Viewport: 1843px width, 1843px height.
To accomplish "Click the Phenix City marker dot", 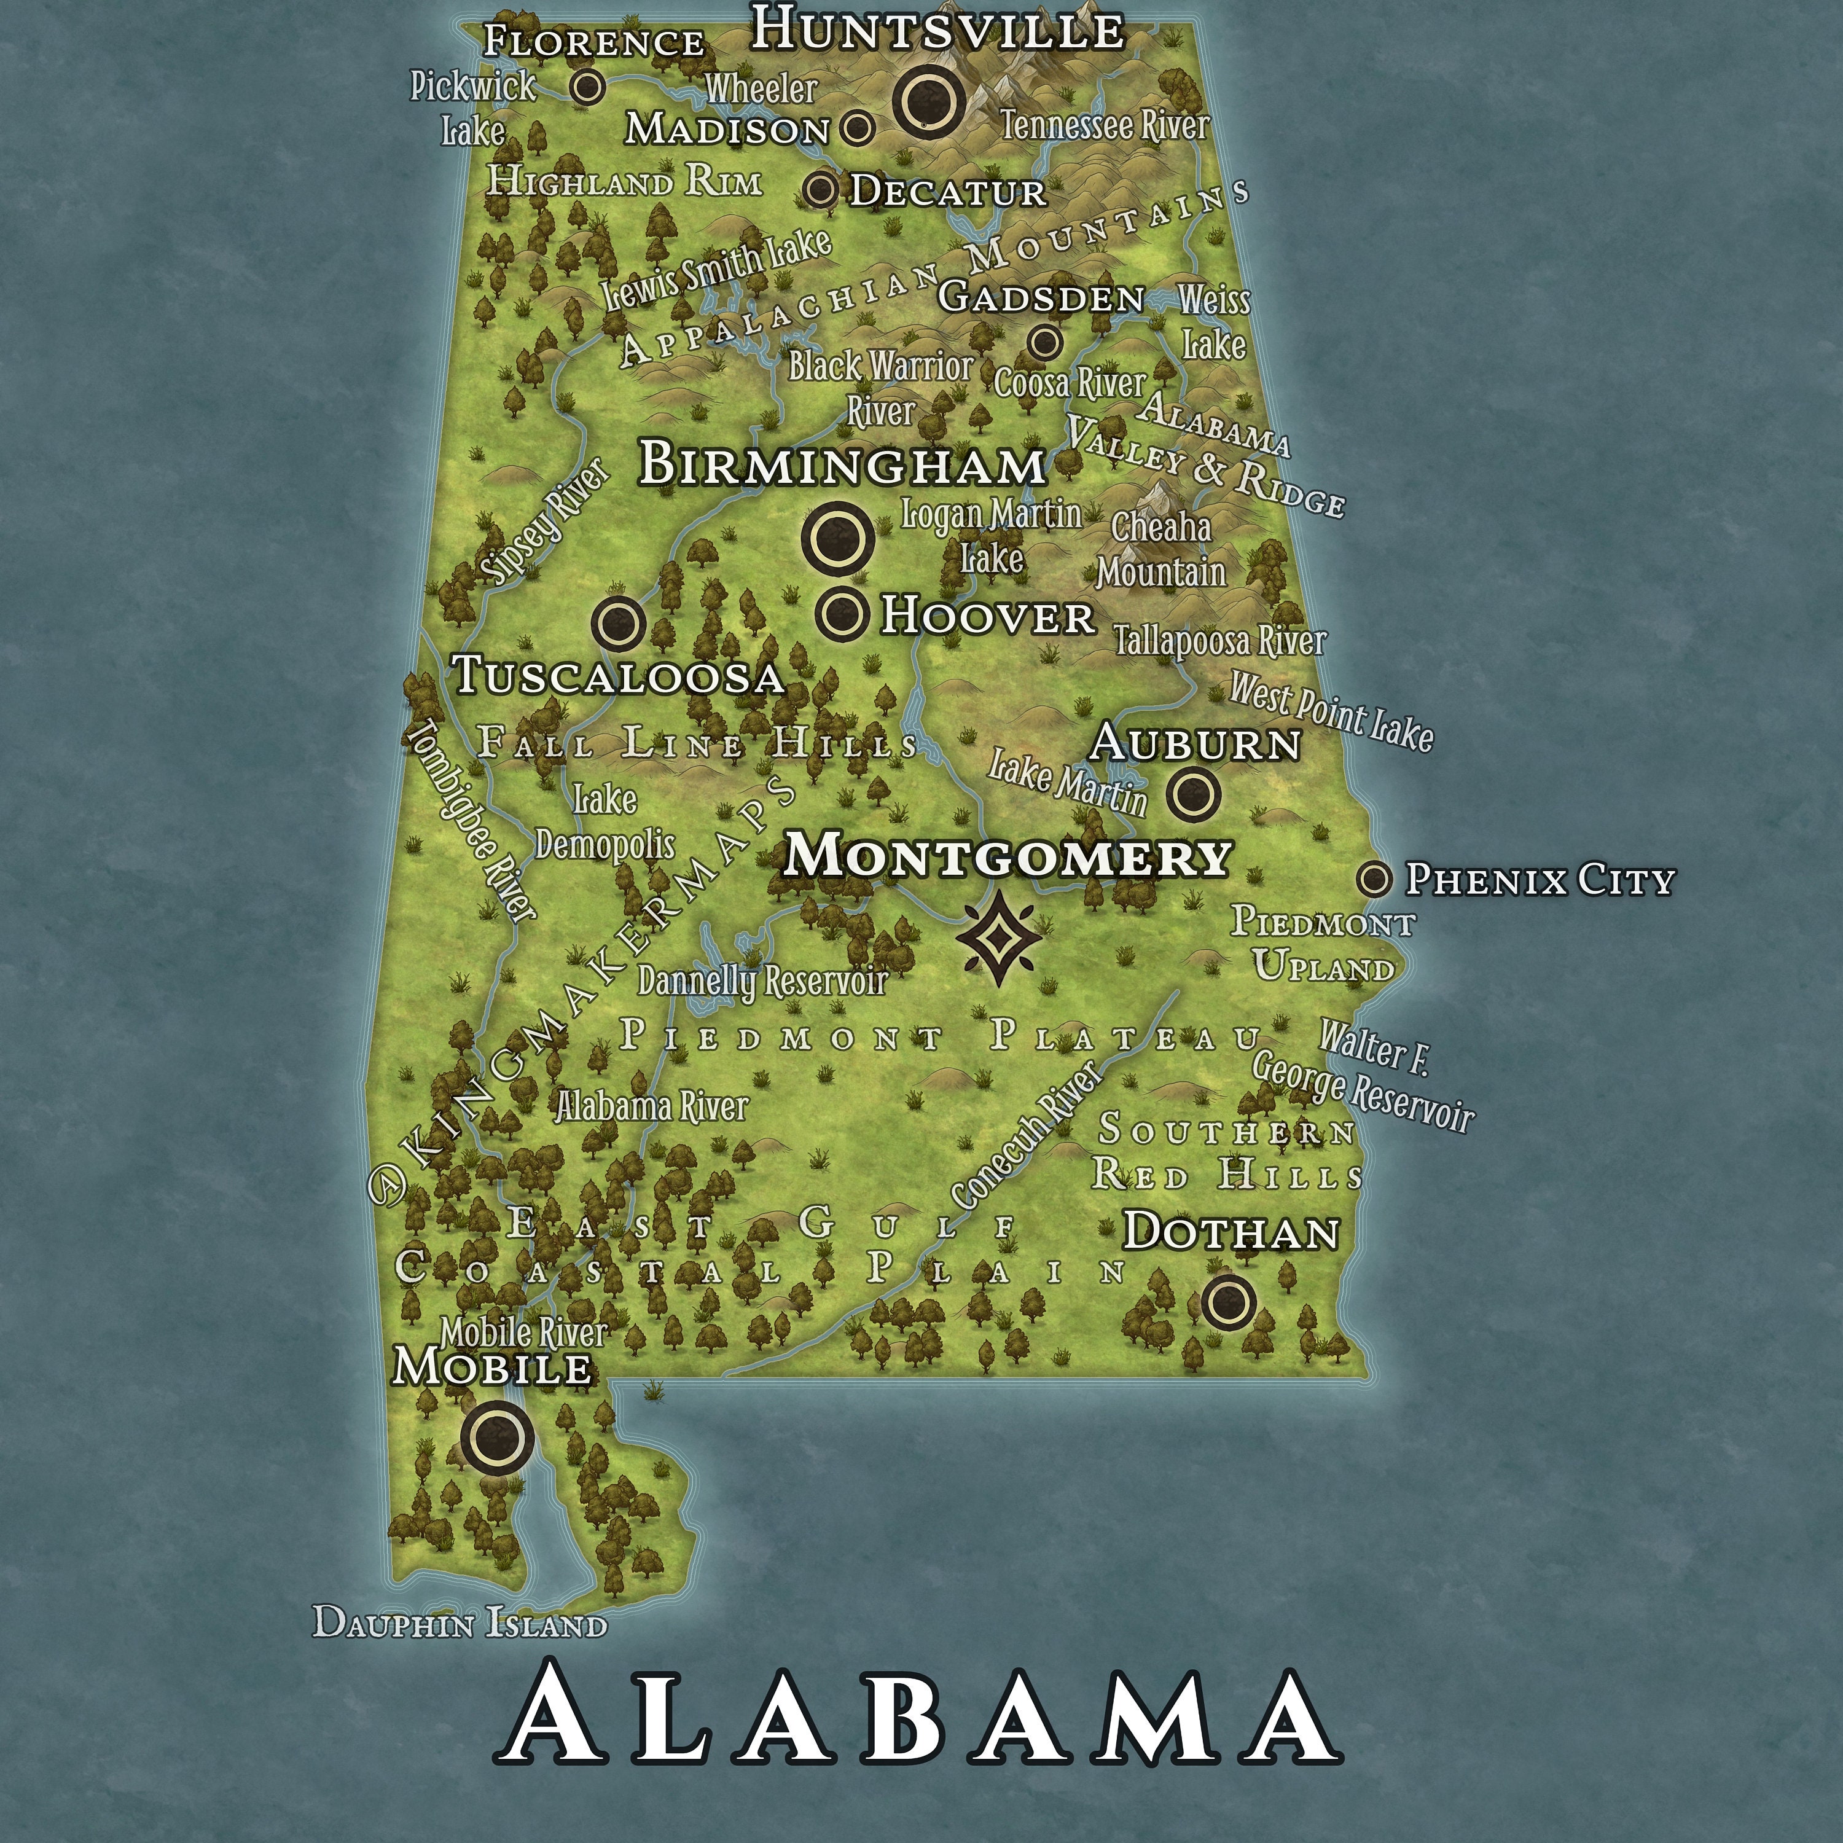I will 1374,878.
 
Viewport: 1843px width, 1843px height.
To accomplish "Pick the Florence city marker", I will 588,87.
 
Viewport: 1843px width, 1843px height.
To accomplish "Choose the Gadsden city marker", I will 1044,340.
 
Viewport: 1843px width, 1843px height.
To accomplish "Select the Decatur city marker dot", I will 820,189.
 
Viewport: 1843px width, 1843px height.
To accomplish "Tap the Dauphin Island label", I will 460,1622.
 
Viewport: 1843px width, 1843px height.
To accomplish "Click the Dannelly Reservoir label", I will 762,980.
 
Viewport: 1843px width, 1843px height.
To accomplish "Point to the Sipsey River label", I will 545,522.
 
